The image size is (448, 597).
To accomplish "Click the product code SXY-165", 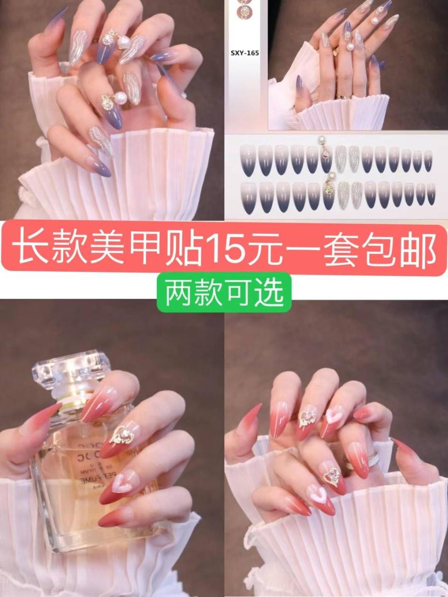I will point(245,53).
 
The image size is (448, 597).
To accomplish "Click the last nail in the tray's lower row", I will point(430,194).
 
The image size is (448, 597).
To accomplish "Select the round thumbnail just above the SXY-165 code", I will point(243,13).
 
